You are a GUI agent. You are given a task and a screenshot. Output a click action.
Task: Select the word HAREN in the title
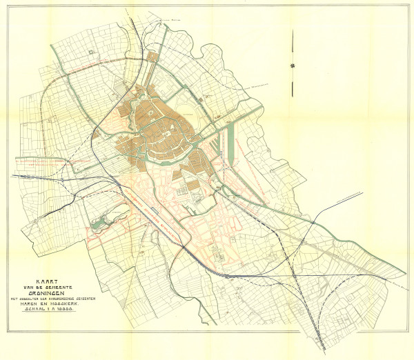pos(34,304)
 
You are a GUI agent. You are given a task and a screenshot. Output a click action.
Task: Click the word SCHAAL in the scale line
pos(37,311)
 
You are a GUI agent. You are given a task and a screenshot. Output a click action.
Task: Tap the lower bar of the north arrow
pos(294,79)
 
